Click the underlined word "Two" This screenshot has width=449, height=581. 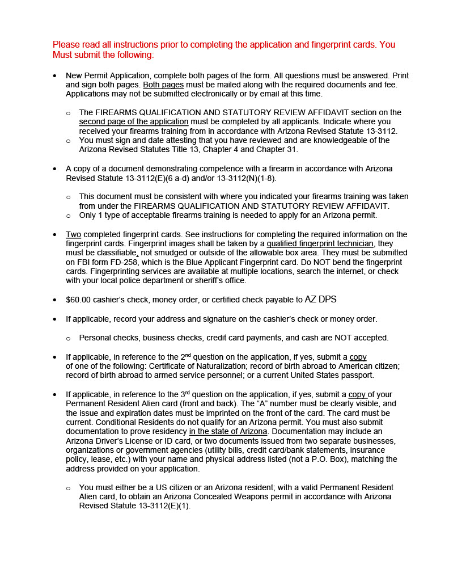click(x=74, y=234)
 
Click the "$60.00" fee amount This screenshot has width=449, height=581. click(x=78, y=300)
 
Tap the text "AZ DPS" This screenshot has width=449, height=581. click(x=320, y=299)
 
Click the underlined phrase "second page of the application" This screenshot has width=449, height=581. click(x=134, y=121)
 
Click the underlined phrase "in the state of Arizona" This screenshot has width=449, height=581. click(x=228, y=431)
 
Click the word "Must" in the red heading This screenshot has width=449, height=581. click(x=63, y=55)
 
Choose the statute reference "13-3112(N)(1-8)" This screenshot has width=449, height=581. click(x=244, y=178)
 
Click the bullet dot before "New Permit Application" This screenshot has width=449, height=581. click(x=54, y=75)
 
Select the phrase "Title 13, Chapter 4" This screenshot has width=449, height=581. click(x=213, y=149)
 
